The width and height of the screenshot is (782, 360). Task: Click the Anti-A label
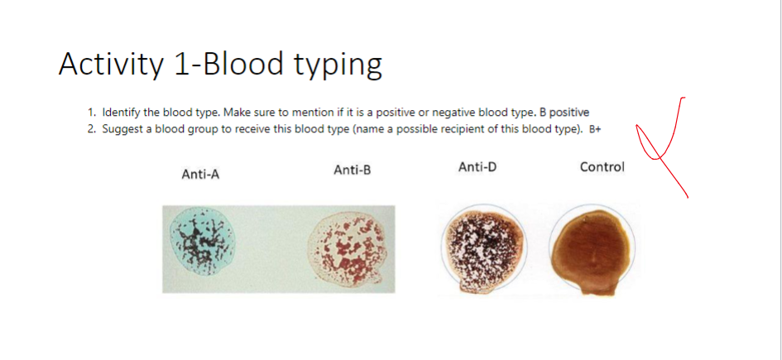(x=200, y=174)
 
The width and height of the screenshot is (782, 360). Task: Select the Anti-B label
(x=353, y=170)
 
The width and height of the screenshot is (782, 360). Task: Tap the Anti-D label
(x=477, y=167)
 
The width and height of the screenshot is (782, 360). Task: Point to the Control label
(x=602, y=167)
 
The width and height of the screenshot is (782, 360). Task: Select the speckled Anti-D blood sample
(x=479, y=247)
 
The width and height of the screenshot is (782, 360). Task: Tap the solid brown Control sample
(x=593, y=246)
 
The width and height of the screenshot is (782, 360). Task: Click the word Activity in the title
(x=110, y=64)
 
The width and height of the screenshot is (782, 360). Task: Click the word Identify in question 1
(x=121, y=112)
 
